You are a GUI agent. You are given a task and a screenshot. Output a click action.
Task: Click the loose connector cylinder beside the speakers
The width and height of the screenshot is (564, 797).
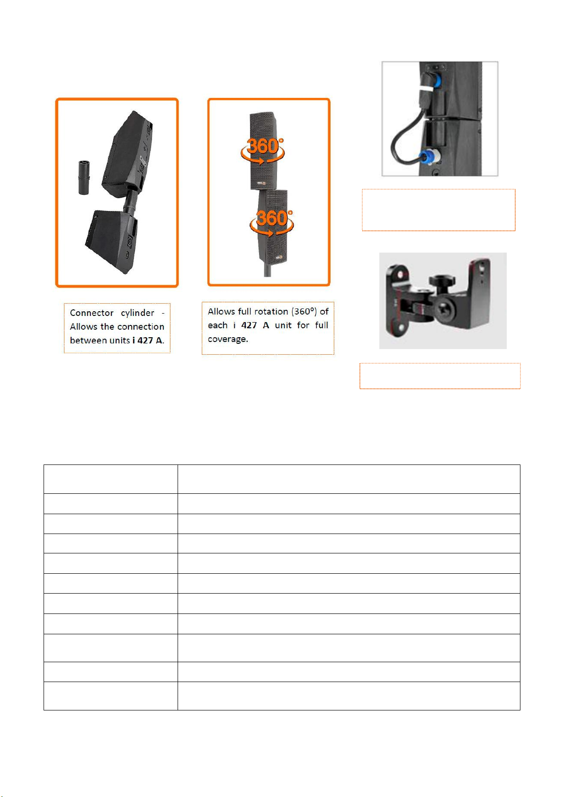tap(84, 177)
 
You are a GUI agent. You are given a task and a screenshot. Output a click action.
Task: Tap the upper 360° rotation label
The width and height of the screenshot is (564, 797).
tap(262, 150)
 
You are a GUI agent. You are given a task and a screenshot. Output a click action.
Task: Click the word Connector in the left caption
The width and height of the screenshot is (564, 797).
tap(91, 313)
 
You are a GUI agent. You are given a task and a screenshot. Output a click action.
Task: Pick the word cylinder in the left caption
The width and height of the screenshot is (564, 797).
tap(137, 313)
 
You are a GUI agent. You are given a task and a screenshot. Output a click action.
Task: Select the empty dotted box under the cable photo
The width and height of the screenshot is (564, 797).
tap(439, 210)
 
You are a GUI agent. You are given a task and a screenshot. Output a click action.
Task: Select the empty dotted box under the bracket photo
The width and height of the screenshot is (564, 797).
tap(440, 376)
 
